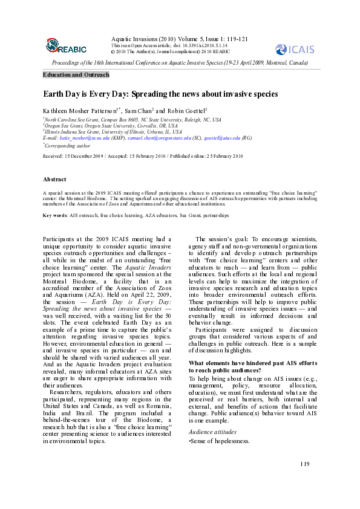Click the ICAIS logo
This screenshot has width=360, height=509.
coord(294,49)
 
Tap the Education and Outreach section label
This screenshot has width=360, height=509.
coord(76,75)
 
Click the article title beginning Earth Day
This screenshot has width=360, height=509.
coord(160,94)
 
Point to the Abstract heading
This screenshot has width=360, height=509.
coord(54,180)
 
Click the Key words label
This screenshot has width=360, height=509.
coord(55,215)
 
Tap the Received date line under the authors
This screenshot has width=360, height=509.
coord(143,156)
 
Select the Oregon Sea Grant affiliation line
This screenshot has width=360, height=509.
coord(112,126)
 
